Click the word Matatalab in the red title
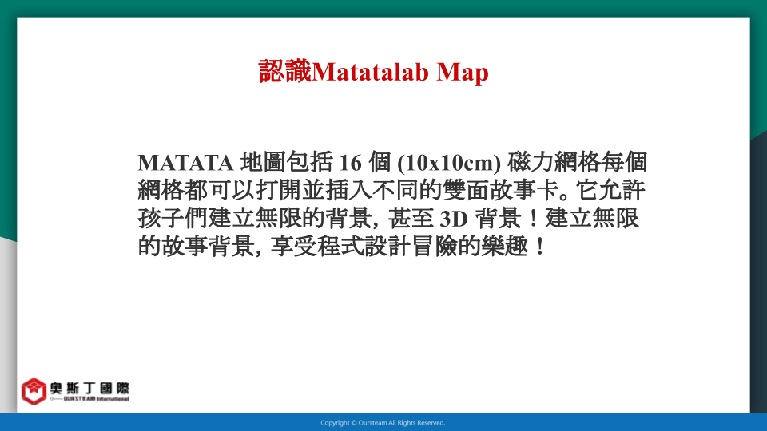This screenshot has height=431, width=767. pos(370,72)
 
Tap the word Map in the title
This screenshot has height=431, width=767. pos(463,73)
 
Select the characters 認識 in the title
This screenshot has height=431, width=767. pos(285,71)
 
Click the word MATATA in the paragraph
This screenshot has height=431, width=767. pos(185,163)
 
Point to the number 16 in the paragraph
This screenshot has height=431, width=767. pos(350,163)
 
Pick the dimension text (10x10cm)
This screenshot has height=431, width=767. pos(449,163)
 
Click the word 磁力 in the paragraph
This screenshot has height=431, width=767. pos(531,162)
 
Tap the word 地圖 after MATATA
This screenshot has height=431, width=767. pos(263,162)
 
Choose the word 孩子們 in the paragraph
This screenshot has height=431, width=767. pos(173,219)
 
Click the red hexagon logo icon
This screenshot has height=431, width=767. pos(34,391)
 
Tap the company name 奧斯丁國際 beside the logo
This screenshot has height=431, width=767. pos(89,389)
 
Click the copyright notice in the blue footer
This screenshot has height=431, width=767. pos(383,423)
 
